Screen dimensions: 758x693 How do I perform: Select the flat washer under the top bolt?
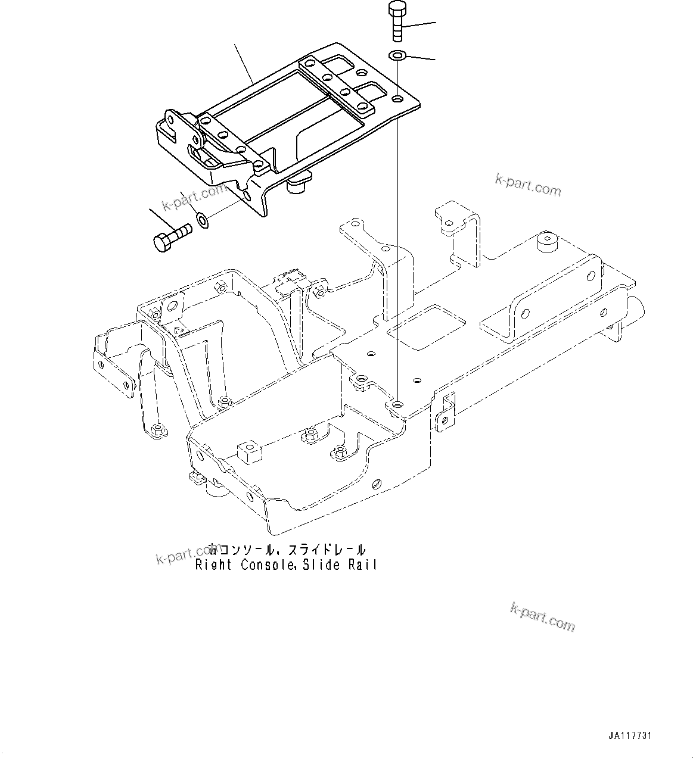pos(397,55)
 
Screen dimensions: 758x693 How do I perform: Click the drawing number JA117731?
pos(630,736)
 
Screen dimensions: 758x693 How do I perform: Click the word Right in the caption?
pos(213,565)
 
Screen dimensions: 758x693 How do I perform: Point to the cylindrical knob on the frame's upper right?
pos(546,244)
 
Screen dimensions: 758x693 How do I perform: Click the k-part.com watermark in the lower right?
pos(543,616)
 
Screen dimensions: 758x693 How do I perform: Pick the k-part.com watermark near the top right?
pos(528,185)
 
